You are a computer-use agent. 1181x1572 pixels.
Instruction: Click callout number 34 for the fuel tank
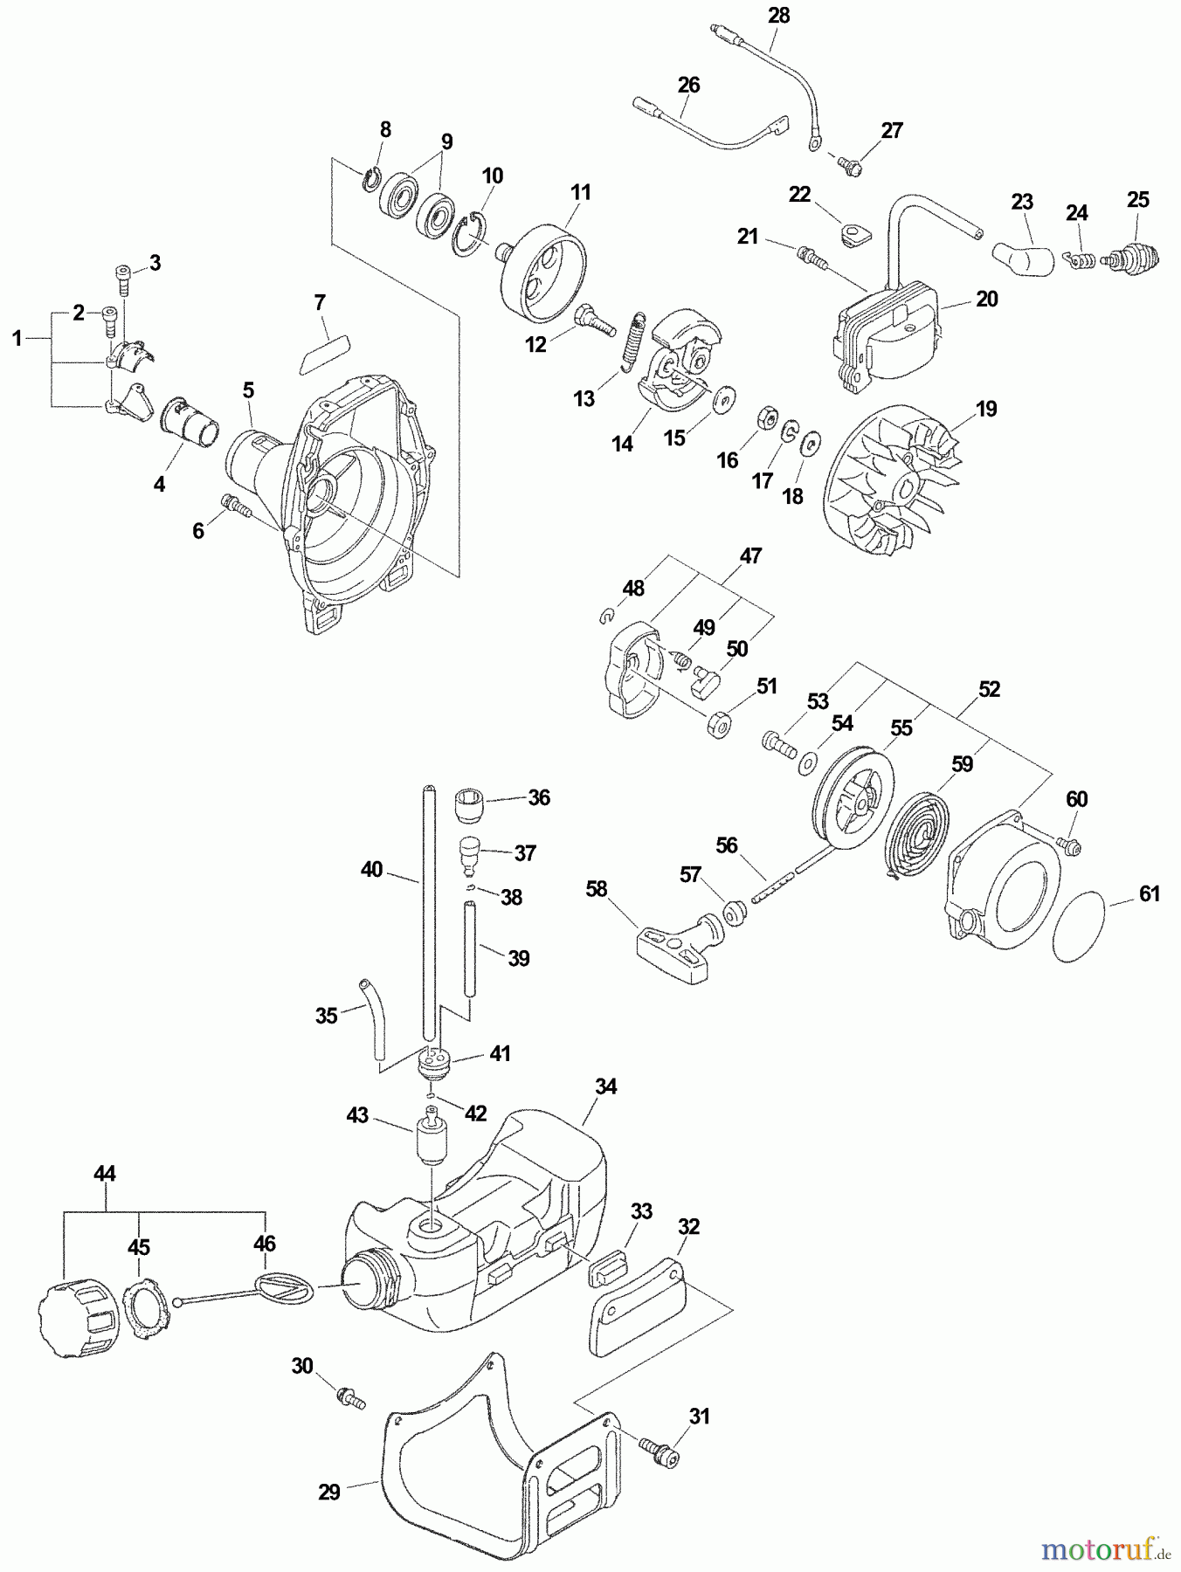click(x=605, y=1087)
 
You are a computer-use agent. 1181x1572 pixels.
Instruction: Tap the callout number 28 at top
click(x=777, y=15)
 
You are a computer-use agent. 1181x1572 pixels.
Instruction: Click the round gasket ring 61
click(x=1084, y=925)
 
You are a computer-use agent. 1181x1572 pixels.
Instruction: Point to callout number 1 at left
click(x=17, y=338)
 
